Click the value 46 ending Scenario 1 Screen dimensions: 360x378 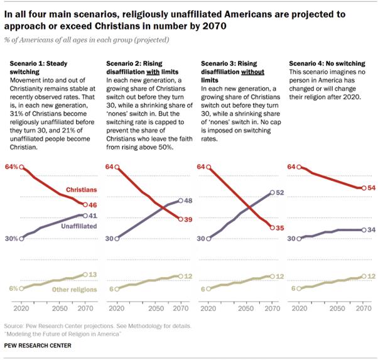[x=94, y=205]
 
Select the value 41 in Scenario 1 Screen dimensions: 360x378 [x=94, y=215]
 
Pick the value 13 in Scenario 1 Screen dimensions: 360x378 [x=94, y=275]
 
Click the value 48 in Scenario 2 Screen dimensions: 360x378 [x=187, y=201]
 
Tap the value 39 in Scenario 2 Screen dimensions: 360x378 [x=187, y=219]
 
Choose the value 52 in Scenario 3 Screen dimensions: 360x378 [x=281, y=193]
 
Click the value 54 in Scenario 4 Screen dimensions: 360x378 [x=371, y=188]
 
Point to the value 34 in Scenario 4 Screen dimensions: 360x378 [x=371, y=230]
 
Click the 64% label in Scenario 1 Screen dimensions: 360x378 [x=12, y=167]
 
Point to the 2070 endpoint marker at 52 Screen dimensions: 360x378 [x=271, y=193]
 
